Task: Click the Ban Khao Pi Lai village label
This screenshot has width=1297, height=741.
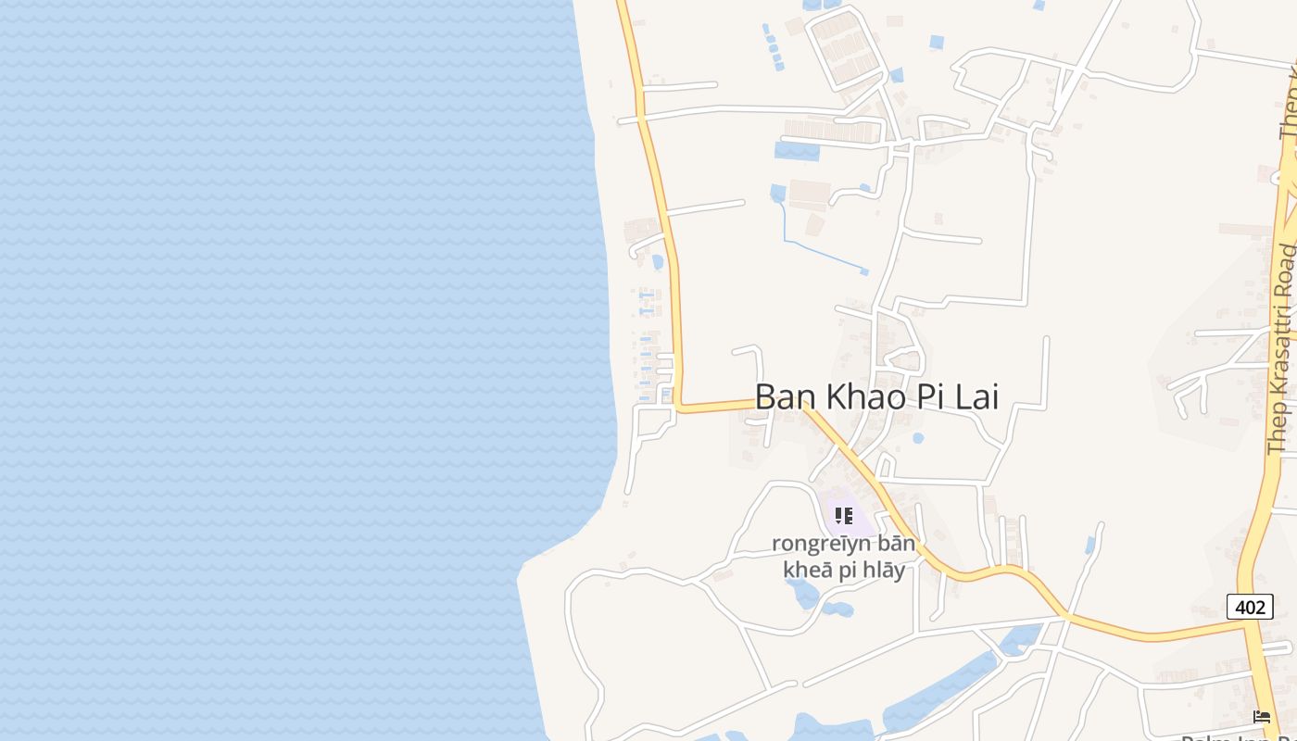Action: tap(876, 396)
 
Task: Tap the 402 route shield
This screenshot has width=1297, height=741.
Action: tap(1250, 607)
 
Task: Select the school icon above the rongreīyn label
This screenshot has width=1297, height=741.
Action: tap(843, 515)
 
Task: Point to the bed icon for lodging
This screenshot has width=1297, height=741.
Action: tap(1261, 716)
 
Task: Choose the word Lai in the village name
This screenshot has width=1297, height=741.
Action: tap(975, 396)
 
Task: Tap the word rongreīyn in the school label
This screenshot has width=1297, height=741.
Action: tap(821, 544)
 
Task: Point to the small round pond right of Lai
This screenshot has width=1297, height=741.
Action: tap(918, 438)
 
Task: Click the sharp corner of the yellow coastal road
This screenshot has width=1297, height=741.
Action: tap(680, 407)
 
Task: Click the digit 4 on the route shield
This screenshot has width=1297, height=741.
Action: tap(1240, 607)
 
